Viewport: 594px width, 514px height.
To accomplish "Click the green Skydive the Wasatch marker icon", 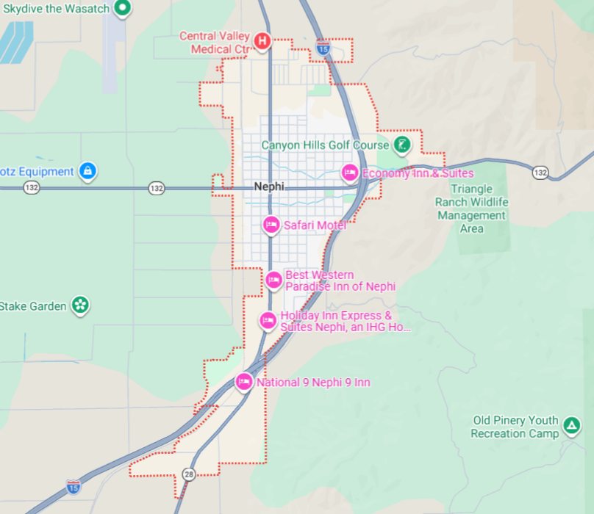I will [x=124, y=8].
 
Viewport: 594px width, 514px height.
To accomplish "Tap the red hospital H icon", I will [x=262, y=41].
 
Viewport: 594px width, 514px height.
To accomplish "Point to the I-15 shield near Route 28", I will [x=73, y=486].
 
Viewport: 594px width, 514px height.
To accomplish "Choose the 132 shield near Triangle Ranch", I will [x=540, y=172].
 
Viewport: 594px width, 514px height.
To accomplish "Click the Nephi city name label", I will [x=268, y=187].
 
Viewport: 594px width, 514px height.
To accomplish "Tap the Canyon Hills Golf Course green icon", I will [x=401, y=145].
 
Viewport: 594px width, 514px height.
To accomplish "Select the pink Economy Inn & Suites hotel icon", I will [x=350, y=173].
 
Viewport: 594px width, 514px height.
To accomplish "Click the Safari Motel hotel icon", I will [x=271, y=225].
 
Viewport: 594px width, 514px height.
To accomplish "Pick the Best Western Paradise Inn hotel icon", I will [x=273, y=280].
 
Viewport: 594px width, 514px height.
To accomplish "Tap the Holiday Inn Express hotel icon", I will [x=268, y=320].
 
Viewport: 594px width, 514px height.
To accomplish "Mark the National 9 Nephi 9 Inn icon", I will [x=244, y=382].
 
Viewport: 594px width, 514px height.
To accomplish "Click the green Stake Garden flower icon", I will [x=80, y=305].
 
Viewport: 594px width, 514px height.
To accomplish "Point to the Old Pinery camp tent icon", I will [x=570, y=425].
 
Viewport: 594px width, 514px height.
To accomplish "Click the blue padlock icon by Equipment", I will [x=87, y=171].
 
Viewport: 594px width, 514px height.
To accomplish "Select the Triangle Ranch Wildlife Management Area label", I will [x=471, y=209].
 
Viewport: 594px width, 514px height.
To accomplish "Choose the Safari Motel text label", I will [x=315, y=225].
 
